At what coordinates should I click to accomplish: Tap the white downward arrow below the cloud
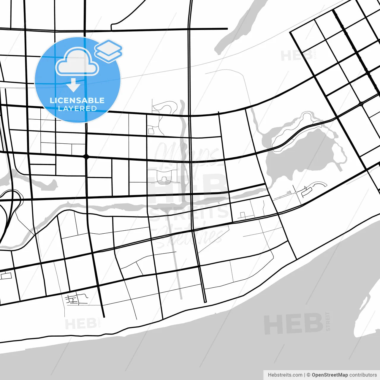tap(73, 85)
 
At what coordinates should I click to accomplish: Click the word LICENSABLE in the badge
tap(77, 100)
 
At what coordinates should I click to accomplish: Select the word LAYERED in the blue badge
tap(77, 109)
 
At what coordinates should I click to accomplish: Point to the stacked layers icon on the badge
tap(108, 51)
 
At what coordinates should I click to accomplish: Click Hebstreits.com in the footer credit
tap(285, 375)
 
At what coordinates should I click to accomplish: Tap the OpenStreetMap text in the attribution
tap(330, 375)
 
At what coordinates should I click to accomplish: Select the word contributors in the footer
tap(363, 375)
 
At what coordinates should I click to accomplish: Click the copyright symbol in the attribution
tap(308, 375)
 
